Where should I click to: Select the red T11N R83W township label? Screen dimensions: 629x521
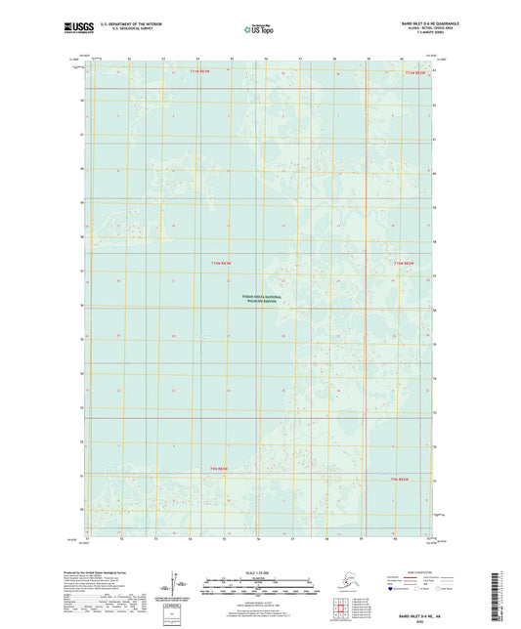(199, 71)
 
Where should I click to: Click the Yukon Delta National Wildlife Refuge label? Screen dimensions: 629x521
(261, 300)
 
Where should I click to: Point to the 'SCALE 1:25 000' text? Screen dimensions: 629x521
(260, 571)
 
